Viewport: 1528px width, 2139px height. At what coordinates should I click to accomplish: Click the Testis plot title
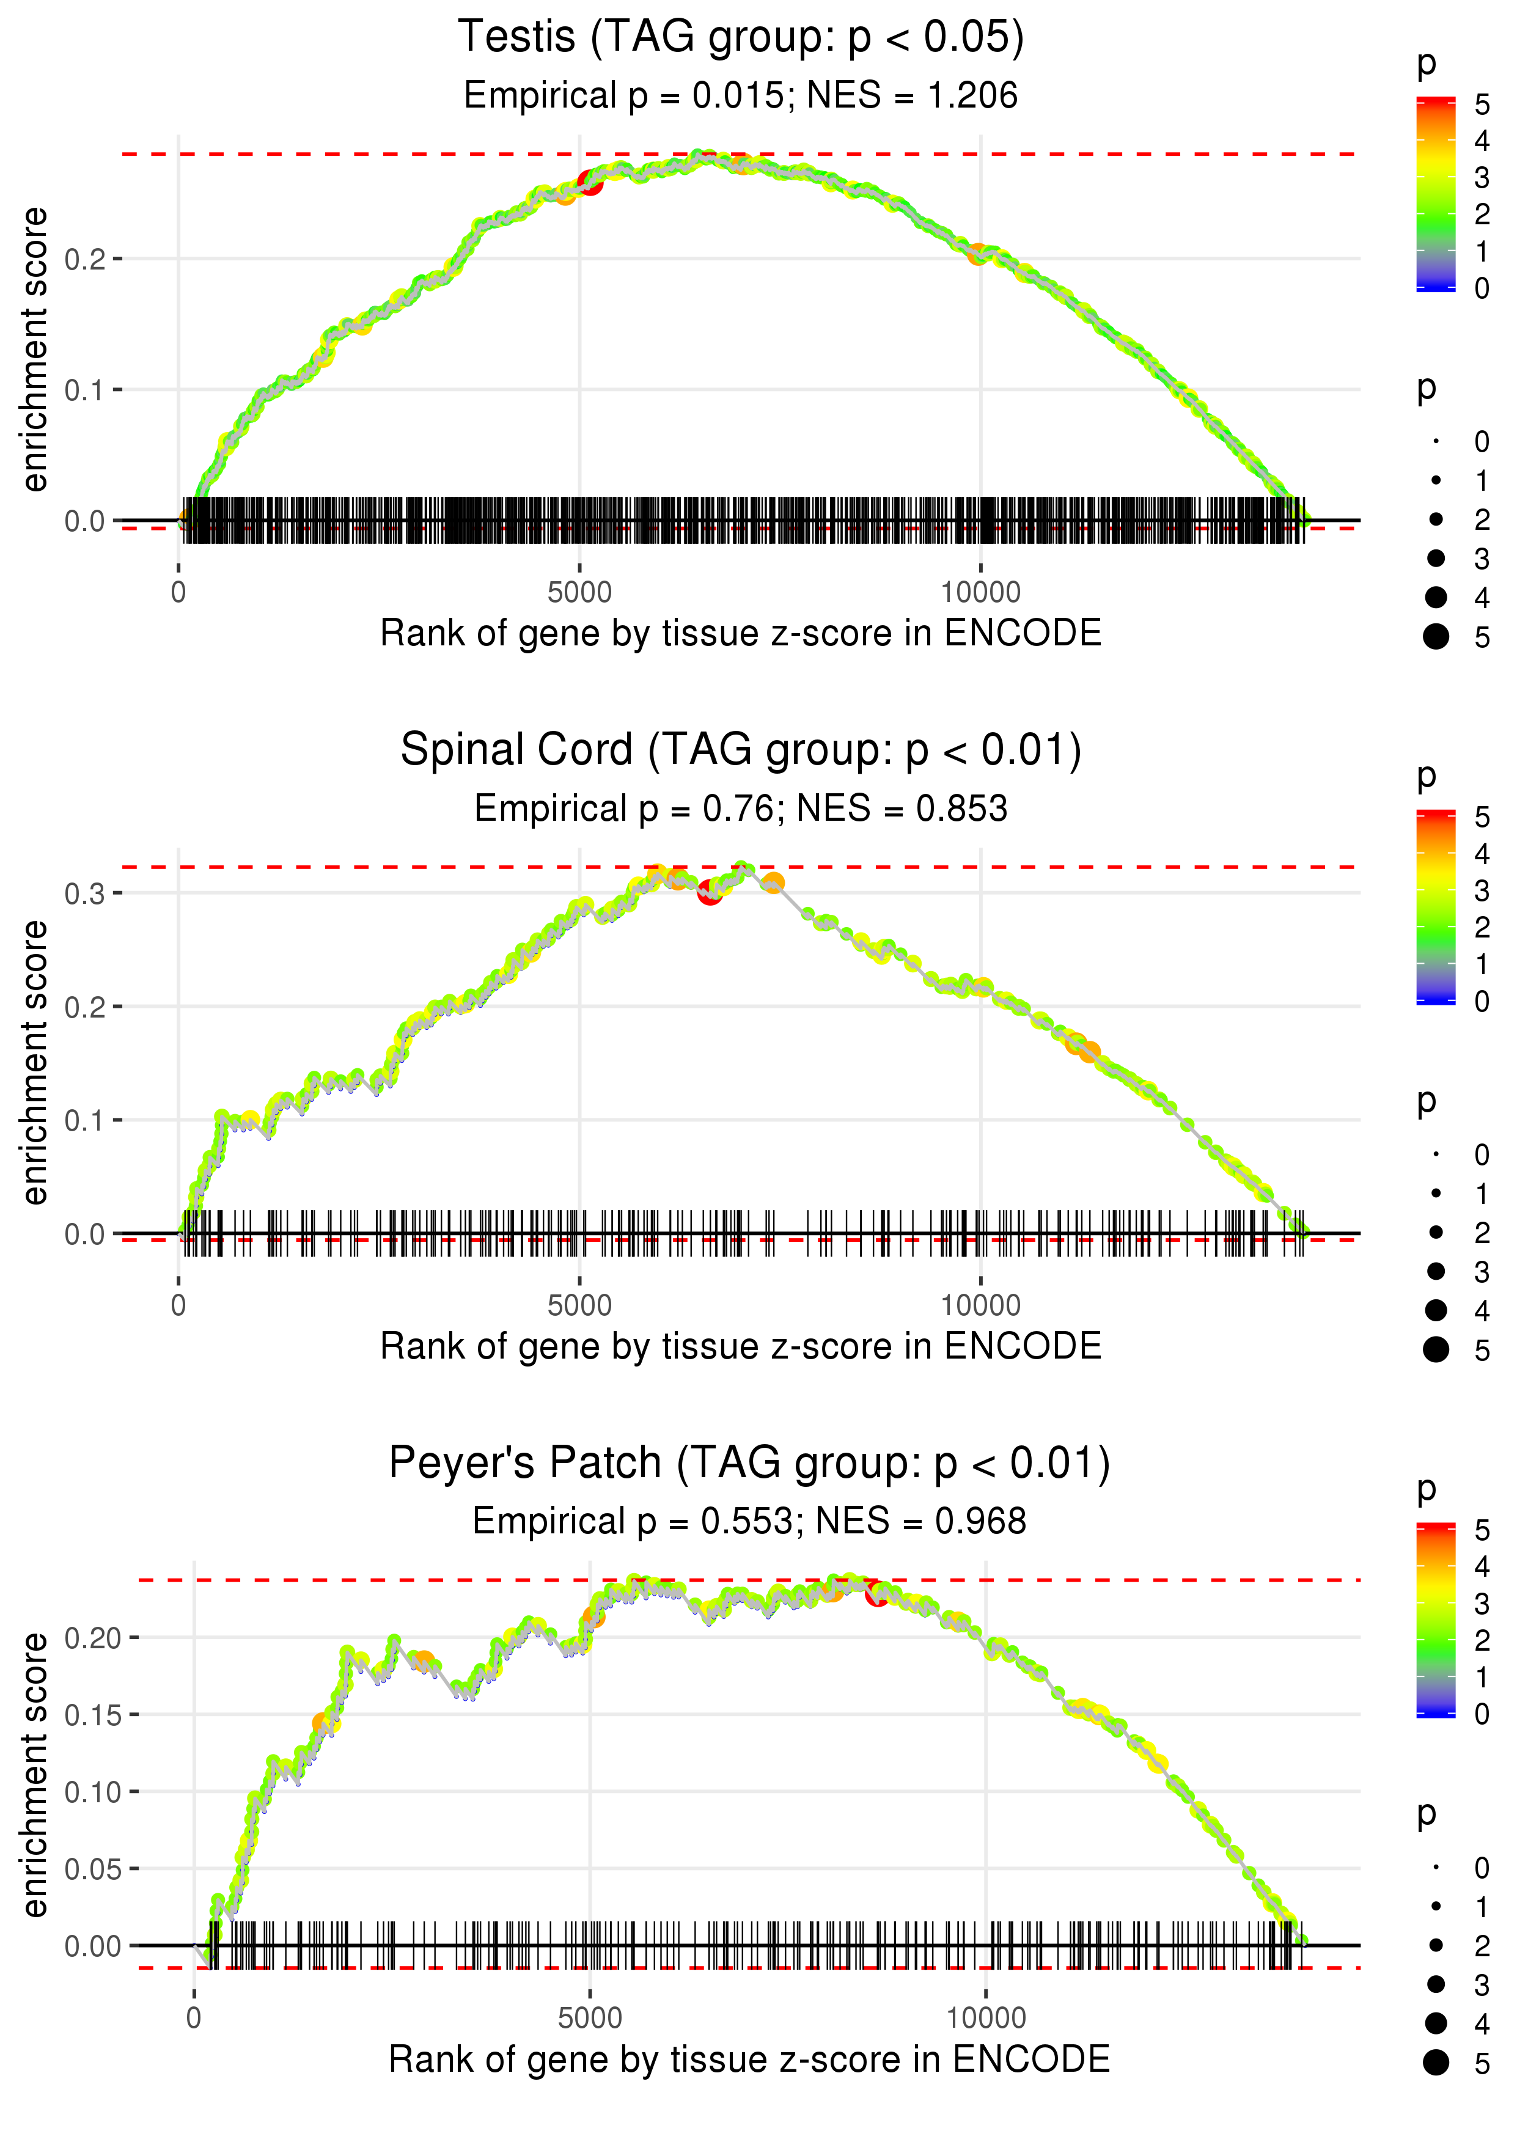point(741,38)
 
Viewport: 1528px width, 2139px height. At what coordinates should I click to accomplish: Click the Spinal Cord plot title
point(741,750)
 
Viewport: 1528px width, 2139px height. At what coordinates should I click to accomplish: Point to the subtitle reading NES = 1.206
point(741,96)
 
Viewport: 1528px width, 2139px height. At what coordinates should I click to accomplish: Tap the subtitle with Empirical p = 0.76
point(741,809)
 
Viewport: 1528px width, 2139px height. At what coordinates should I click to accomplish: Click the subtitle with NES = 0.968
point(749,1521)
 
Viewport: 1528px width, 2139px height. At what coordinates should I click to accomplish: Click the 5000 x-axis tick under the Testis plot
point(579,593)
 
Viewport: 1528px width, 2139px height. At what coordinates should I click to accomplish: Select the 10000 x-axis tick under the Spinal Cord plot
point(980,1305)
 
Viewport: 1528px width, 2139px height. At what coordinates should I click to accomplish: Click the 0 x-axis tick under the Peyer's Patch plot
point(194,2017)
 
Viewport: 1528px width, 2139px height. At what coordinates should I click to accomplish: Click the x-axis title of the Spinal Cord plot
point(741,1346)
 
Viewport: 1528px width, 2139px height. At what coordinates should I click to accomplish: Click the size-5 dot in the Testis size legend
point(1436,637)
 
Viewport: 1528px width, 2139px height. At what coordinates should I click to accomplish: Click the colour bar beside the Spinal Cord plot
point(1436,907)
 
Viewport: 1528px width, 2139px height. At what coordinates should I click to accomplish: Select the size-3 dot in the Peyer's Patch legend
point(1436,1984)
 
